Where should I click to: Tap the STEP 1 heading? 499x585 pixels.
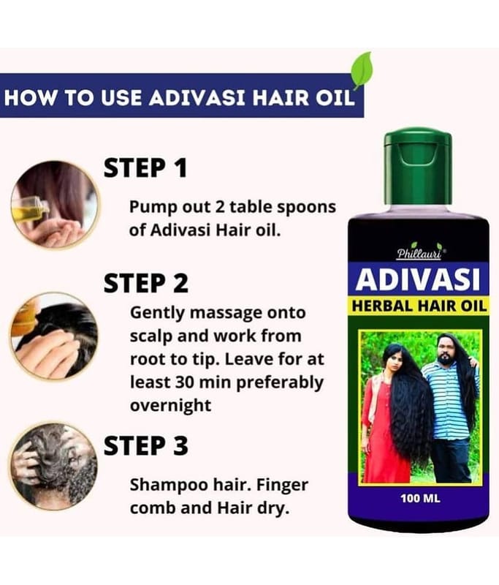point(145,168)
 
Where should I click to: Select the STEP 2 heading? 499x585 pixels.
point(145,284)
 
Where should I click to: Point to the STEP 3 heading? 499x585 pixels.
point(145,446)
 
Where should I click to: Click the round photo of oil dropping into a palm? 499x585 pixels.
point(55,205)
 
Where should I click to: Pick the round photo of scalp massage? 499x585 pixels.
point(54,336)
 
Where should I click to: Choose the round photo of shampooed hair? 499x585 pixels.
point(54,466)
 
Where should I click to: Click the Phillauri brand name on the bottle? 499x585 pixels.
point(419,254)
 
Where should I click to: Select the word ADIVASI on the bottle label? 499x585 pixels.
point(418,280)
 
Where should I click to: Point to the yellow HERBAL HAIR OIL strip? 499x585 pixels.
point(419,306)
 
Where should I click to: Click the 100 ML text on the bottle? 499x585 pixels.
point(420,498)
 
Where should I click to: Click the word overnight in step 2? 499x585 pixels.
point(171,405)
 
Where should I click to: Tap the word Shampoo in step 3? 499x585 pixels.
point(169,486)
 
